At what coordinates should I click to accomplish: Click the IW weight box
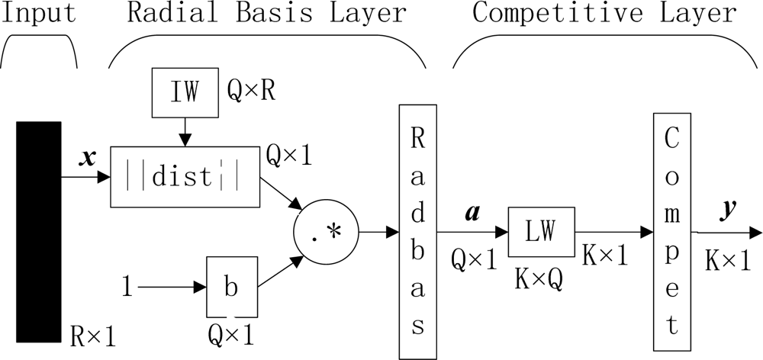point(185,93)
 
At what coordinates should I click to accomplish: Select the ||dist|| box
point(185,177)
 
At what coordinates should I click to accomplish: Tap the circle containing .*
point(326,232)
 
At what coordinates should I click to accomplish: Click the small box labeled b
point(232,287)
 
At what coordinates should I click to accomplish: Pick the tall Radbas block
point(417,232)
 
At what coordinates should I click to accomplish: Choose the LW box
point(541,232)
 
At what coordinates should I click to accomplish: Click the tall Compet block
point(672,232)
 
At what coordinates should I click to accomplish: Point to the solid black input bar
point(38,232)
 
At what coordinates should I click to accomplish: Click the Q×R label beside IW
point(252,91)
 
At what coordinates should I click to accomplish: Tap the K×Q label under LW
point(540,280)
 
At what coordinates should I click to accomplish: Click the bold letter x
point(88,159)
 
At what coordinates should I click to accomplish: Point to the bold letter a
point(471,214)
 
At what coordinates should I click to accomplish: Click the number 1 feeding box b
point(126,288)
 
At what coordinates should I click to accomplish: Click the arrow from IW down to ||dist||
point(185,132)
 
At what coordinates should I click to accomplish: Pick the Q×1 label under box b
point(231,335)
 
